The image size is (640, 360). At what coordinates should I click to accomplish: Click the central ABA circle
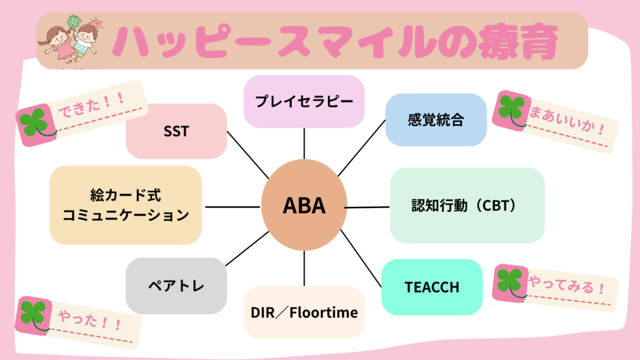pyautogui.click(x=304, y=206)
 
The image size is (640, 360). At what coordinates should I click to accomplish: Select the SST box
pyautogui.click(x=176, y=131)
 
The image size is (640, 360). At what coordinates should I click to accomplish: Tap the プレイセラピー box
pyautogui.click(x=304, y=101)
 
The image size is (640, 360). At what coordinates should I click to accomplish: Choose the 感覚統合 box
pyautogui.click(x=435, y=120)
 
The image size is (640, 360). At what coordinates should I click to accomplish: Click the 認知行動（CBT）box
pyautogui.click(x=467, y=205)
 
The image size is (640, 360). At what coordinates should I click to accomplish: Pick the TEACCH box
pyautogui.click(x=432, y=287)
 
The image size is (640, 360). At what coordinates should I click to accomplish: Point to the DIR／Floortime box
pyautogui.click(x=304, y=312)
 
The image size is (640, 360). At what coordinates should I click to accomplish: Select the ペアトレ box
pyautogui.click(x=176, y=286)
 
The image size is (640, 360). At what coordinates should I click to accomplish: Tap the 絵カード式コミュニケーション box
pyautogui.click(x=125, y=205)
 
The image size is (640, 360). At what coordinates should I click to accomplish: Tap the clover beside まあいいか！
pyautogui.click(x=511, y=110)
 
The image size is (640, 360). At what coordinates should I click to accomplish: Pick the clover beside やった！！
pyautogui.click(x=34, y=313)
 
